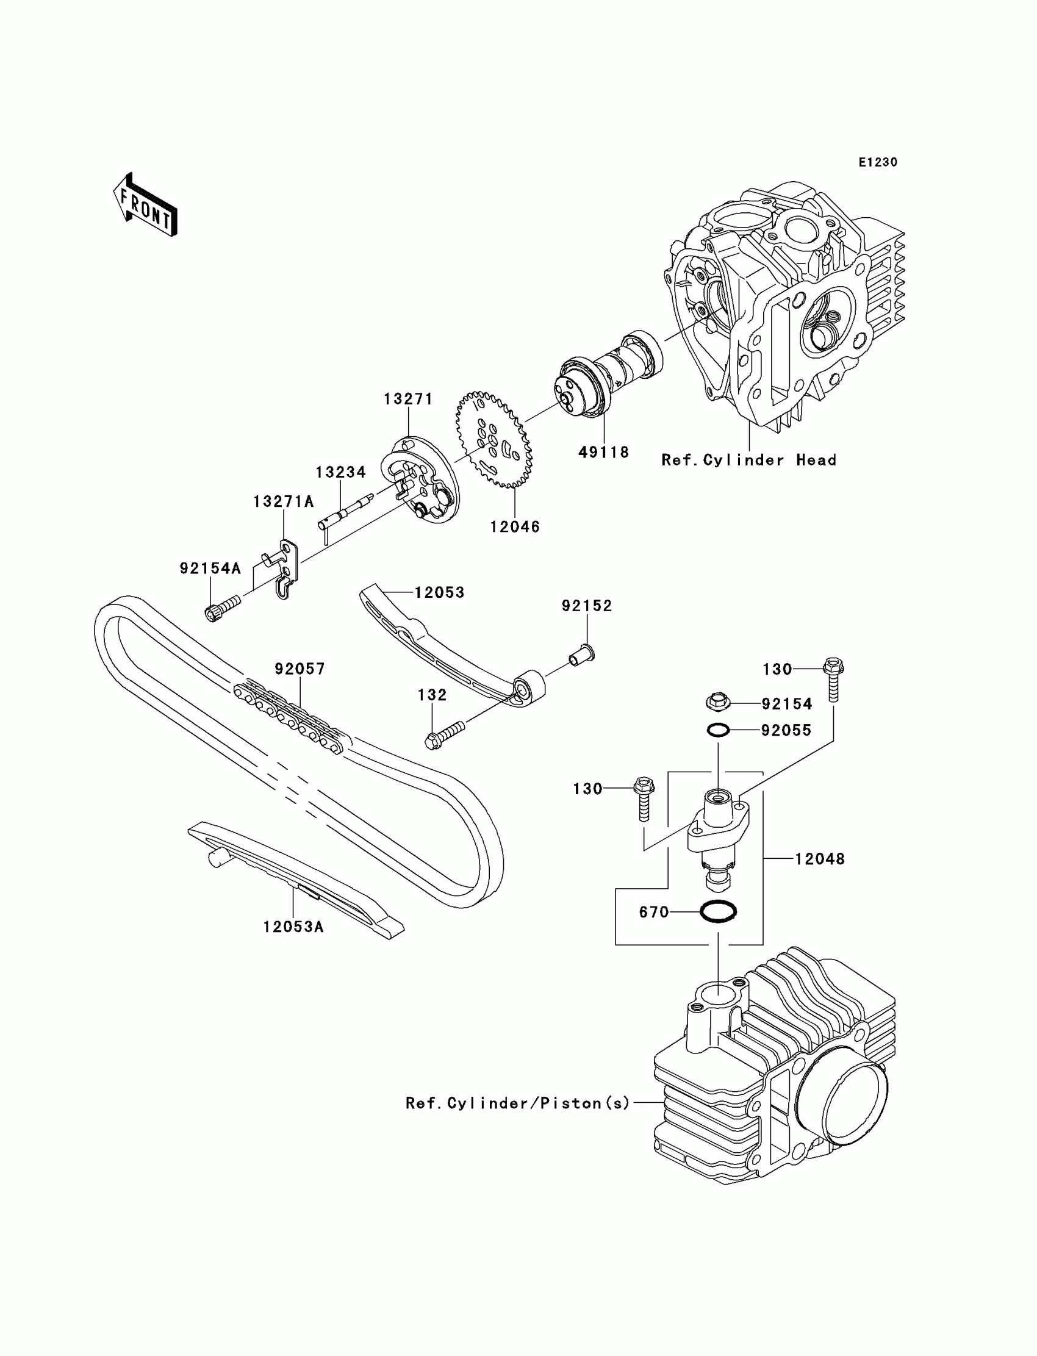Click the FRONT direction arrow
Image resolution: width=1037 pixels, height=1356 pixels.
[145, 205]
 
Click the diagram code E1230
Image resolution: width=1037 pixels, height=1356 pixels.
[878, 162]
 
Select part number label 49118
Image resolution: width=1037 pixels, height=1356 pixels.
[603, 453]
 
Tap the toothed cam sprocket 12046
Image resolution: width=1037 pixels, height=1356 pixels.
[494, 439]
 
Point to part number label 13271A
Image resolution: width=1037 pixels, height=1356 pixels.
[283, 502]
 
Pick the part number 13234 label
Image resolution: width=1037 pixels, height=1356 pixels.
[341, 472]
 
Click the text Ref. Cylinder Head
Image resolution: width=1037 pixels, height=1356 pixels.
[748, 460]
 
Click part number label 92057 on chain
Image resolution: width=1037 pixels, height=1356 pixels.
[300, 669]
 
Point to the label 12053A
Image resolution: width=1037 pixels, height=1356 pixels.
[293, 944]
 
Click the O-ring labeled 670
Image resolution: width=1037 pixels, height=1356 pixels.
[718, 911]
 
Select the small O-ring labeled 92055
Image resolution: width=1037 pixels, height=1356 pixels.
[718, 730]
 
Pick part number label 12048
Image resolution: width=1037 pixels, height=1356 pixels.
[819, 858]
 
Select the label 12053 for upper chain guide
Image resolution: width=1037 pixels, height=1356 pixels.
[439, 592]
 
